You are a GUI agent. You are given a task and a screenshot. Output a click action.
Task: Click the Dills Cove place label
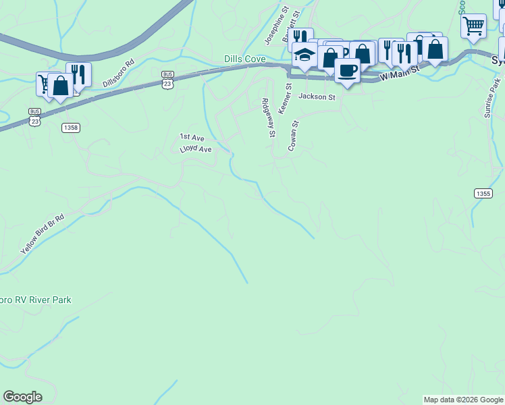pyautogui.click(x=244, y=59)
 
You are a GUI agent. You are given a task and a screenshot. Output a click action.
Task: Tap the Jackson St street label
pyautogui.click(x=317, y=97)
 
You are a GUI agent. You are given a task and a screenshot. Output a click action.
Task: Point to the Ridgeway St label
pyautogui.click(x=269, y=117)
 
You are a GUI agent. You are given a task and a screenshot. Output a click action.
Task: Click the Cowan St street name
pyautogui.click(x=294, y=136)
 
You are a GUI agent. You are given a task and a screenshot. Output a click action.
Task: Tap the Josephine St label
pyautogui.click(x=276, y=26)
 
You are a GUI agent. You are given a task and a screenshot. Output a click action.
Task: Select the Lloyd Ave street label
pyautogui.click(x=196, y=148)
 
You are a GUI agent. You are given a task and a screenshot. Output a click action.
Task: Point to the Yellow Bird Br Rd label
pyautogui.click(x=42, y=234)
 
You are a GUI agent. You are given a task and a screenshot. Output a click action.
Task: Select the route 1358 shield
pyautogui.click(x=70, y=128)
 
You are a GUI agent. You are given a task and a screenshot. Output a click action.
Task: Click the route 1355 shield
pyautogui.click(x=483, y=194)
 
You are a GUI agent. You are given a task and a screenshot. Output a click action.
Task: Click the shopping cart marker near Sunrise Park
pyautogui.click(x=473, y=26)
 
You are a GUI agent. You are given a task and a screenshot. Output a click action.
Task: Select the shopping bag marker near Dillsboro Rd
pyautogui.click(x=61, y=86)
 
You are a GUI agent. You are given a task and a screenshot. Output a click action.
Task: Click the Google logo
pyautogui.click(x=22, y=397)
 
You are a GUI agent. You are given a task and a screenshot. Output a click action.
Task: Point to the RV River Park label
pyautogui.click(x=36, y=300)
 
